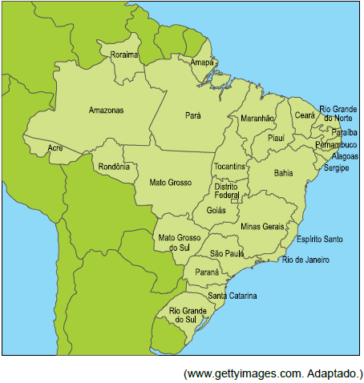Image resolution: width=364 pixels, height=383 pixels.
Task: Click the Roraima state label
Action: click(x=124, y=54)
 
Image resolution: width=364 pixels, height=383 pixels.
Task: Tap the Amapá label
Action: click(x=202, y=62)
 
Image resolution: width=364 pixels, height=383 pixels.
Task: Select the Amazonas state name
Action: click(x=106, y=110)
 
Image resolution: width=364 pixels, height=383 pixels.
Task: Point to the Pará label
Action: click(x=193, y=115)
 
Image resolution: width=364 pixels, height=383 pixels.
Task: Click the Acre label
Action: click(x=55, y=148)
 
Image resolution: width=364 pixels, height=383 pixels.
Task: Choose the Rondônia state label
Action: click(x=113, y=167)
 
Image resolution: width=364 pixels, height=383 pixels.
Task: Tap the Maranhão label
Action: click(x=257, y=119)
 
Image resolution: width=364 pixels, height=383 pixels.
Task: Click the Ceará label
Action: click(x=305, y=115)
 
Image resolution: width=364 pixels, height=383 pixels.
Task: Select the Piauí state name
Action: click(x=276, y=138)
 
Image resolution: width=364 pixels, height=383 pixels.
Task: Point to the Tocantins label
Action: click(x=230, y=167)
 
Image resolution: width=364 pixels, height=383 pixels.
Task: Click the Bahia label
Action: click(x=283, y=172)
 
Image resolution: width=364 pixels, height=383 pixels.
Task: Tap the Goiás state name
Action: click(x=216, y=210)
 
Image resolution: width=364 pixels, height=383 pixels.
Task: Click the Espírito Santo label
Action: click(x=320, y=239)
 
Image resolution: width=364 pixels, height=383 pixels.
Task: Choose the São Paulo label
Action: click(x=227, y=253)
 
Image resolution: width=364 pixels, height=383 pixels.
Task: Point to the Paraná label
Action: click(x=207, y=272)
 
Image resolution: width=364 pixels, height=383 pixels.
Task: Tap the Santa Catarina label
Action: click(x=233, y=296)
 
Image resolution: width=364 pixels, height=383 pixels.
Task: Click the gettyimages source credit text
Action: click(x=273, y=373)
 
